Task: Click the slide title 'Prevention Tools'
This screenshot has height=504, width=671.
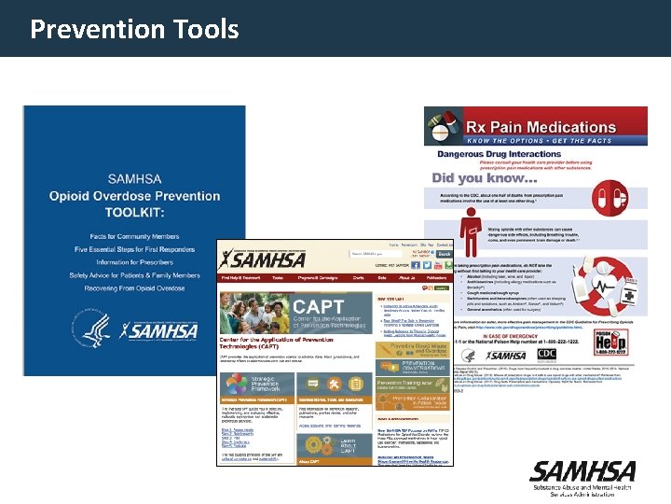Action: pyautogui.click(x=134, y=29)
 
